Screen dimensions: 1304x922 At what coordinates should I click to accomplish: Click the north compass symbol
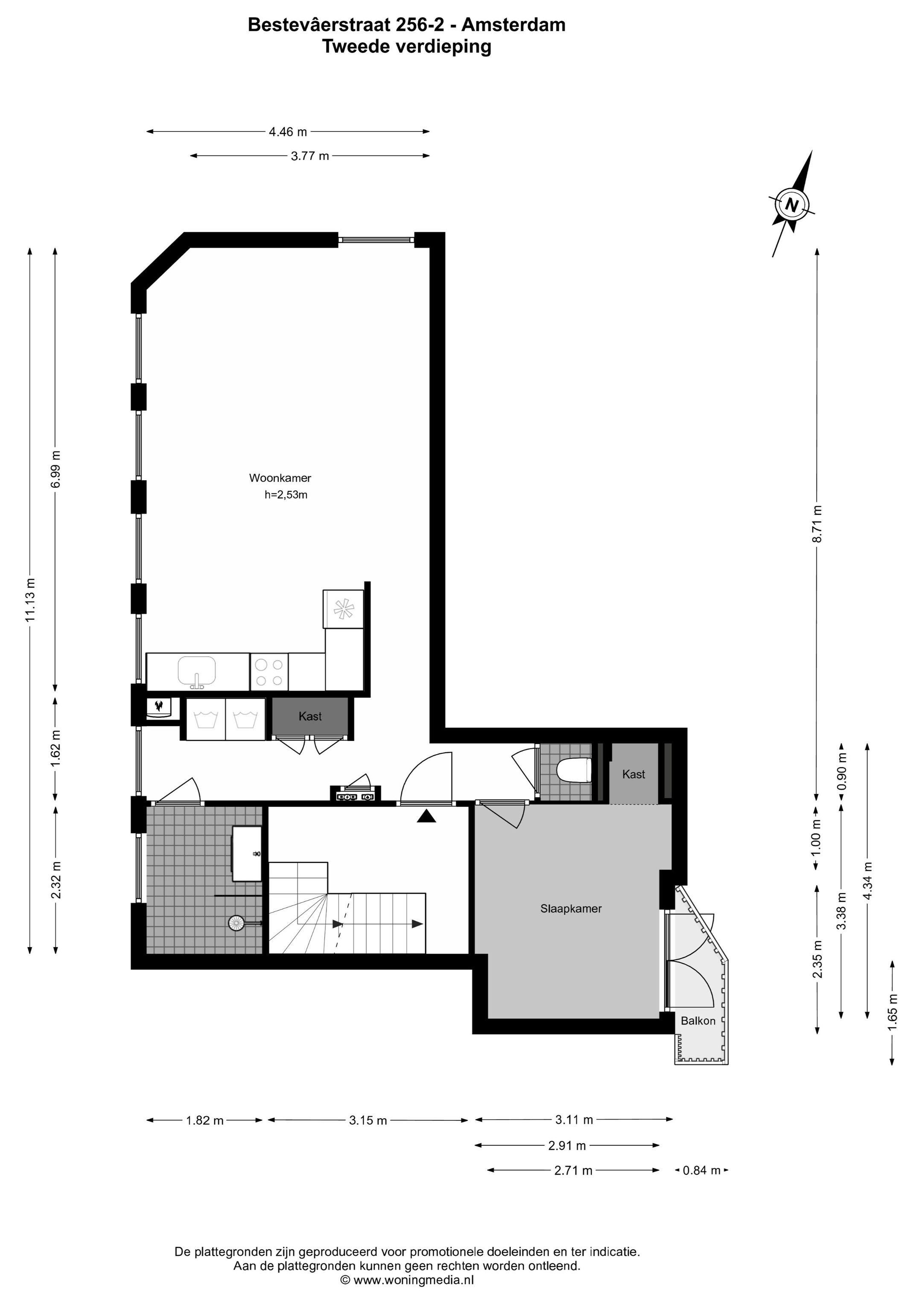(792, 204)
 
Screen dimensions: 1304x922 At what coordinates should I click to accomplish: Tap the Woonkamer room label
(280, 478)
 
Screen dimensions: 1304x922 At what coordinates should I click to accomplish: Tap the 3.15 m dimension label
(368, 1120)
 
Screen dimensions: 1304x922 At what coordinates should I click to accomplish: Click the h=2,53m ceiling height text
(286, 495)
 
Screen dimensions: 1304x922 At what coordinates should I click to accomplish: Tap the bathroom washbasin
(247, 854)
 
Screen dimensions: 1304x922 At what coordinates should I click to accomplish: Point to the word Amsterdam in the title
(513, 25)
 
